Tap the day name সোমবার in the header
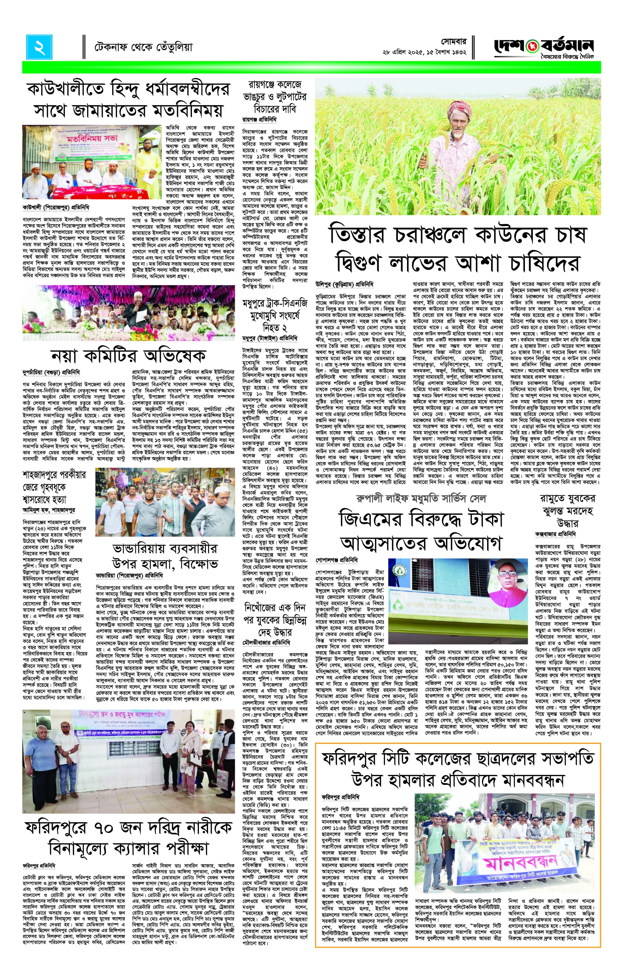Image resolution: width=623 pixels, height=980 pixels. coord(453,42)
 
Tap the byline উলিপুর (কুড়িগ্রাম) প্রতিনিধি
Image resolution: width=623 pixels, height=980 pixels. coord(344,284)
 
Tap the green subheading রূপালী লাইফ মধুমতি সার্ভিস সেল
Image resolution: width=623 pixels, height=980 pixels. coord(421,499)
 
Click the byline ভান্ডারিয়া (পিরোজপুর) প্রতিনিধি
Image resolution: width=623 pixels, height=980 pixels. coord(129,575)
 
